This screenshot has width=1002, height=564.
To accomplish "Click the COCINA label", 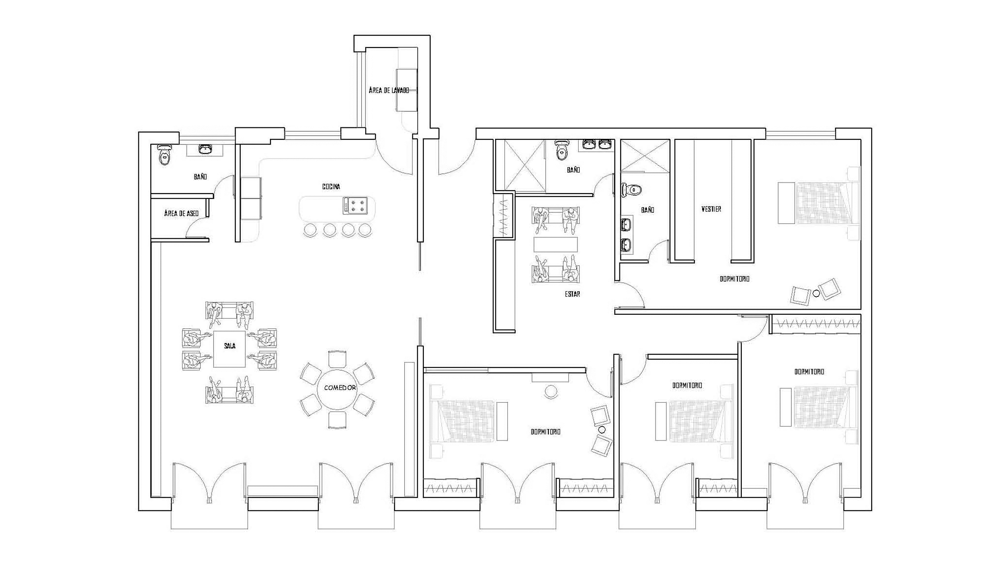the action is [x=331, y=186].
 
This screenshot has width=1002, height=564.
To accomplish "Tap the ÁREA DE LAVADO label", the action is [x=389, y=90].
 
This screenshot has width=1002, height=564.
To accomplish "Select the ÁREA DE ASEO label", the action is [x=181, y=213].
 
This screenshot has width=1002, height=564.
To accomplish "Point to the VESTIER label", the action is [x=711, y=209].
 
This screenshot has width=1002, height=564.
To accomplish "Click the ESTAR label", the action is [x=572, y=294].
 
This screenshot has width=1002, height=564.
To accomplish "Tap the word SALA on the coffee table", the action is [x=230, y=346].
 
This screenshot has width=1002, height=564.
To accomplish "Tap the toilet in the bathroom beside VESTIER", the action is [x=632, y=189].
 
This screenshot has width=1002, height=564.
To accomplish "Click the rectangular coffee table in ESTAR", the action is [x=556, y=244].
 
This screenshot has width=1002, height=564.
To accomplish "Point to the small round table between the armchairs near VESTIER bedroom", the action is [x=816, y=293].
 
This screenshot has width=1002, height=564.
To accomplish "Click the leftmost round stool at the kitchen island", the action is [x=310, y=230].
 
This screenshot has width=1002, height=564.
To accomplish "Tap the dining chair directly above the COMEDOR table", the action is [x=338, y=359].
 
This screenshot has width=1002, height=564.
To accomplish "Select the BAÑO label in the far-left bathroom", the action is [x=200, y=177].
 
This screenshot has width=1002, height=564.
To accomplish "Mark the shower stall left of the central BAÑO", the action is [x=524, y=165].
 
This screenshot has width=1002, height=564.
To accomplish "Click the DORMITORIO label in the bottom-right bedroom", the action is [x=809, y=372].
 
